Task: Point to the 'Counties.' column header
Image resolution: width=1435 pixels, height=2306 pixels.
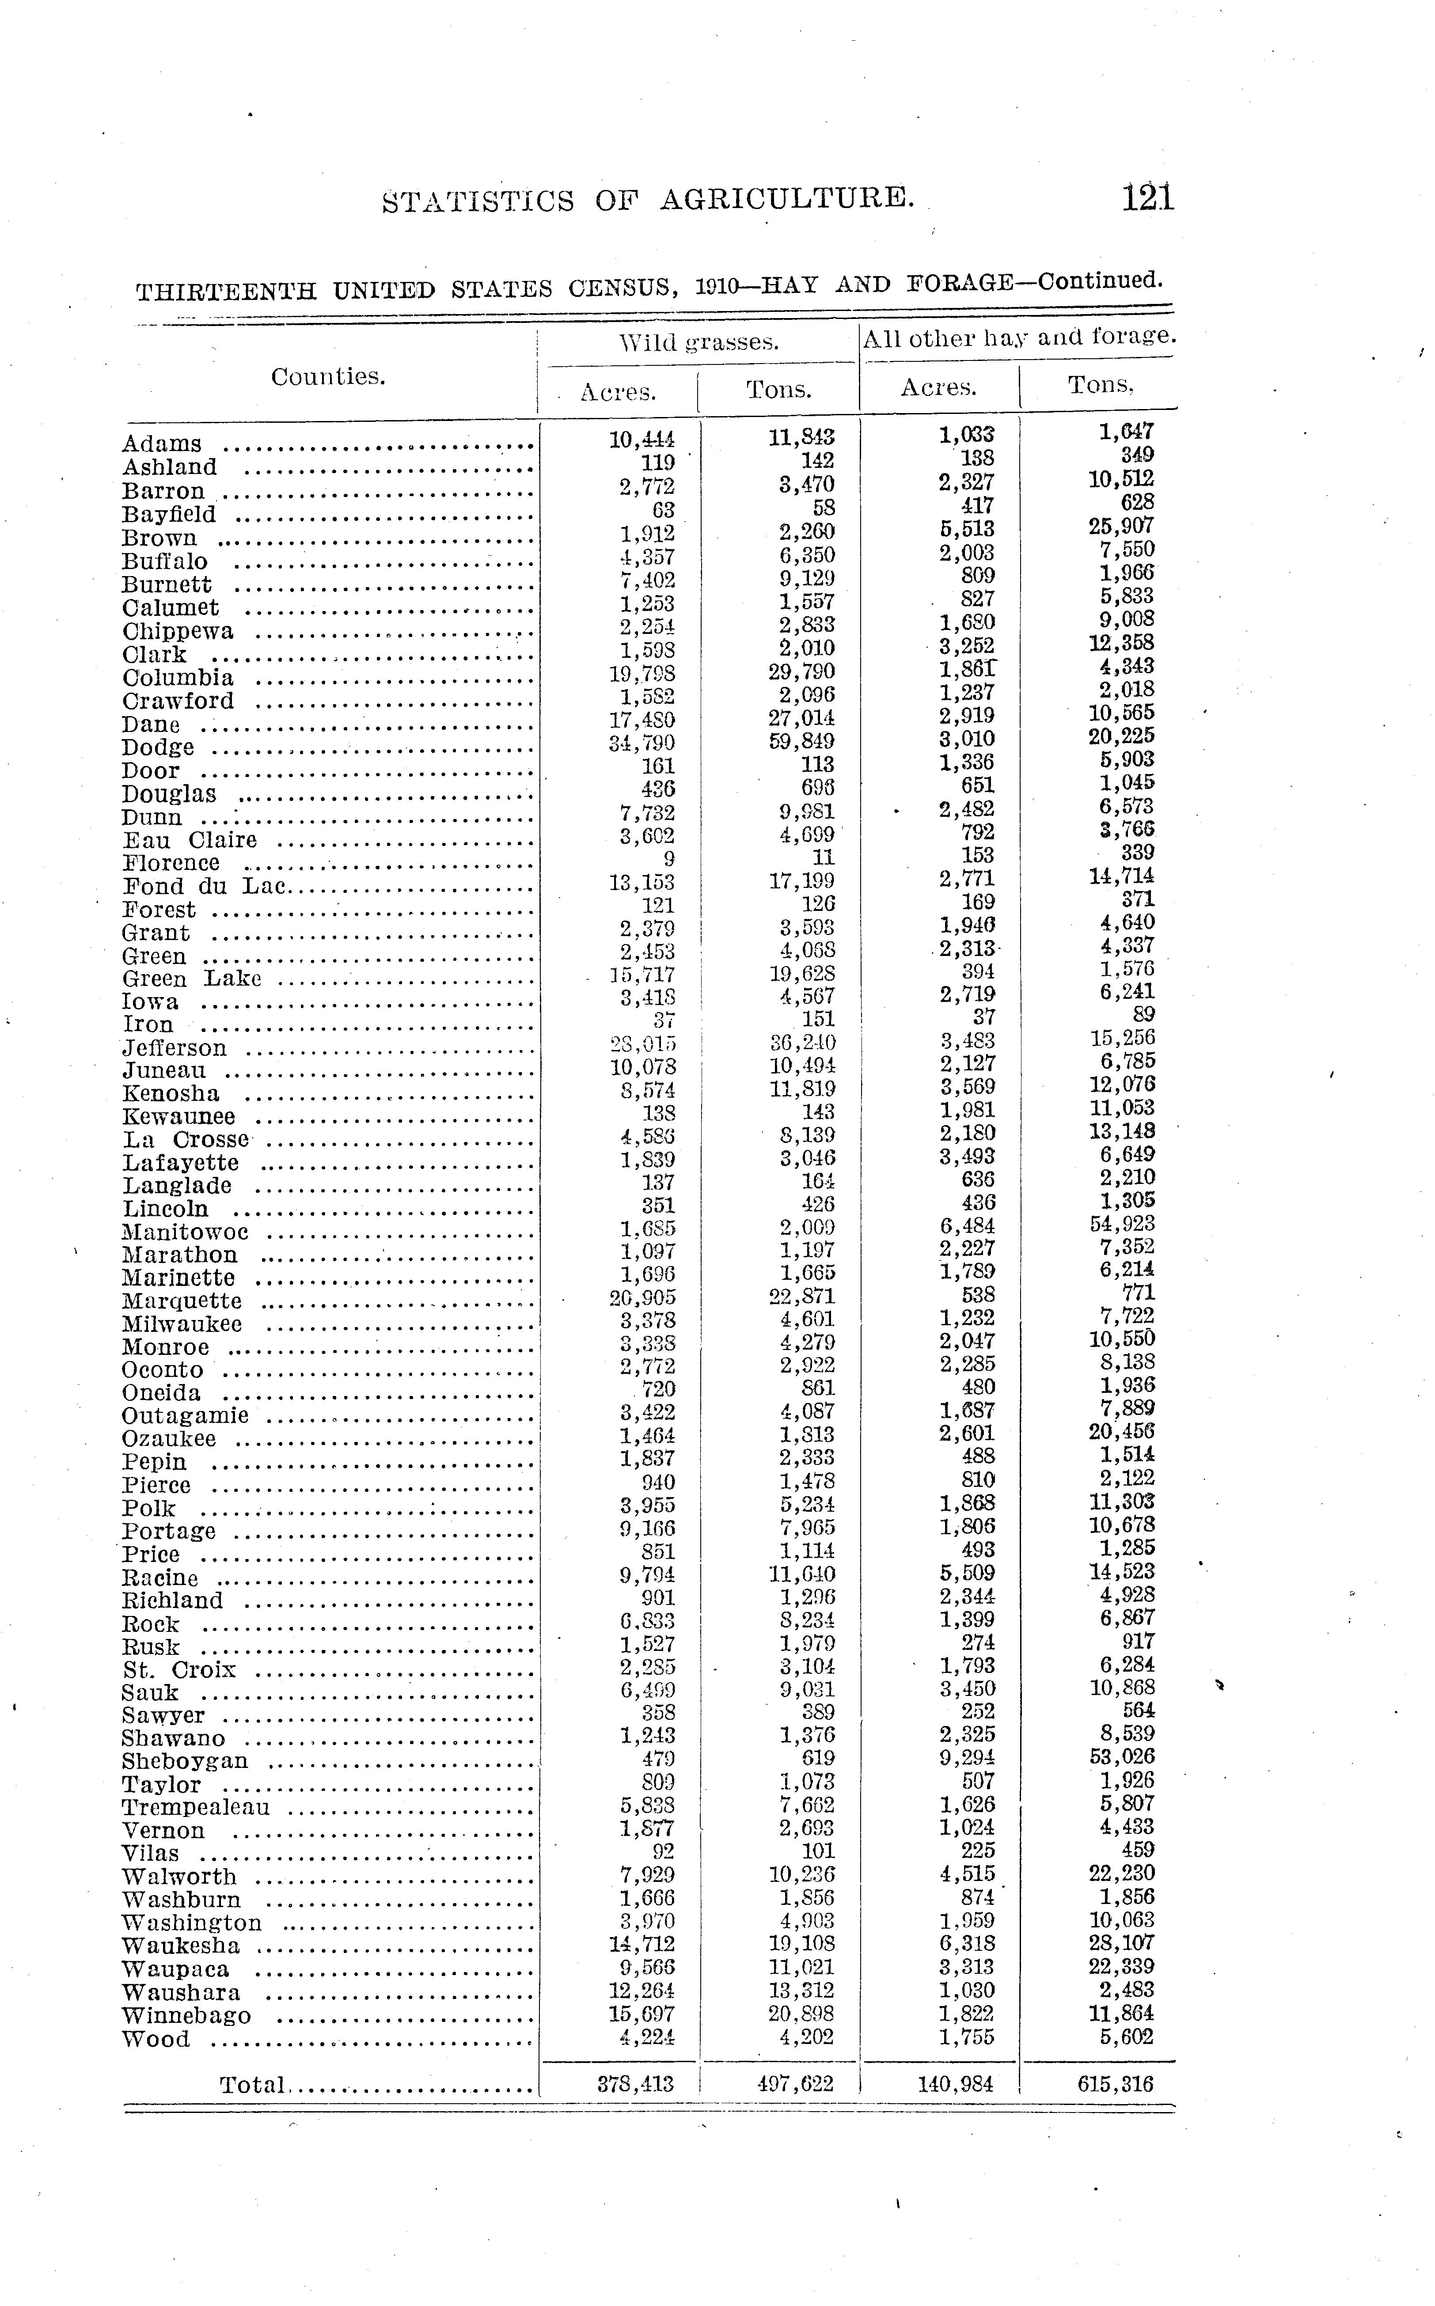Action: pos(328,377)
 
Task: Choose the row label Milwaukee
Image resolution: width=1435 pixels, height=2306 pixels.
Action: pos(182,1324)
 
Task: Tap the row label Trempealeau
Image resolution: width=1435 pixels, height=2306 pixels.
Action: pos(196,1807)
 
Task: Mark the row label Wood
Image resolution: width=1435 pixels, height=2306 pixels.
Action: pos(156,2039)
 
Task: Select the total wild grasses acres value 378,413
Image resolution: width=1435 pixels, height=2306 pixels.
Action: pos(636,2084)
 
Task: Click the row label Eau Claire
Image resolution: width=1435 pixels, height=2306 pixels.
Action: pos(190,840)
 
